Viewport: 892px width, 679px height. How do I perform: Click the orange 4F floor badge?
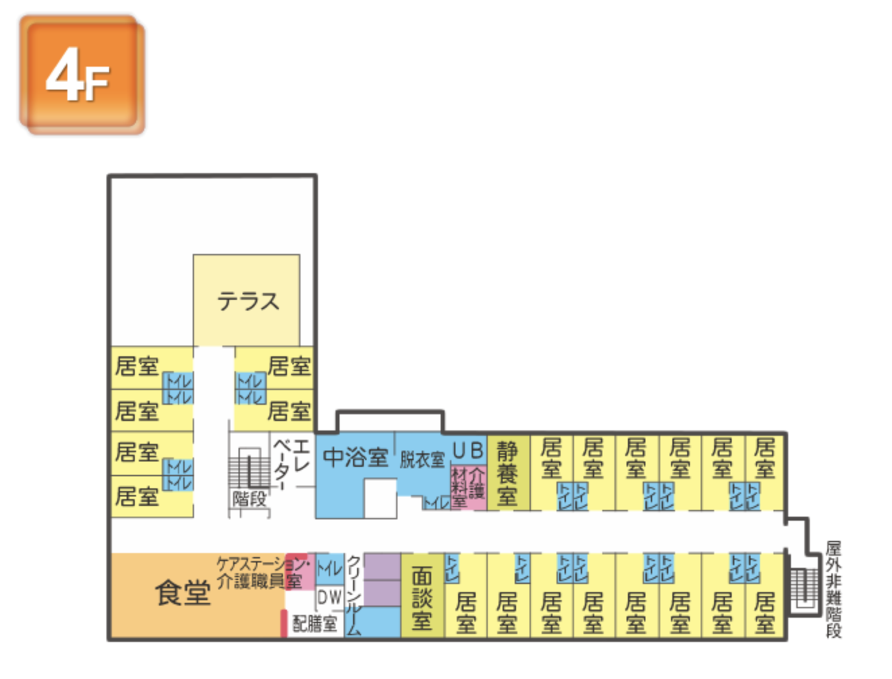(x=82, y=75)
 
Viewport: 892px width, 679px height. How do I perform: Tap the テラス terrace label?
(x=247, y=300)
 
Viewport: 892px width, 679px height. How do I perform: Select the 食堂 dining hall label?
(x=183, y=593)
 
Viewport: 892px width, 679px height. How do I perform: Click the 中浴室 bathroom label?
(x=355, y=457)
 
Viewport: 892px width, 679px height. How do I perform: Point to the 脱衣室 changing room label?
(x=422, y=460)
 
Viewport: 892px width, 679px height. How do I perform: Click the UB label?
(x=468, y=450)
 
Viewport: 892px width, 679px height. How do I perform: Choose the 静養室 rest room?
(x=507, y=473)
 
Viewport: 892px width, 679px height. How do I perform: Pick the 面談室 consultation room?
(x=422, y=597)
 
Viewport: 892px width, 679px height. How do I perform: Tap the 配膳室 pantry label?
(x=315, y=624)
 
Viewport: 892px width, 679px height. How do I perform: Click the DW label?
(x=329, y=597)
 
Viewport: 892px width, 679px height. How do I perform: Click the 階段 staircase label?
(x=249, y=499)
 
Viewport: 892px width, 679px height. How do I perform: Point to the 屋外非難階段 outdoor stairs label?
(x=833, y=589)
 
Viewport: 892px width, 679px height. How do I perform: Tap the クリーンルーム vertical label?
(x=354, y=595)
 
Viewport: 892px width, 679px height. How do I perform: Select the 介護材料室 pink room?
(x=468, y=486)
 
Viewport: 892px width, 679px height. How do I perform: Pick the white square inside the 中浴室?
(x=380, y=498)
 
